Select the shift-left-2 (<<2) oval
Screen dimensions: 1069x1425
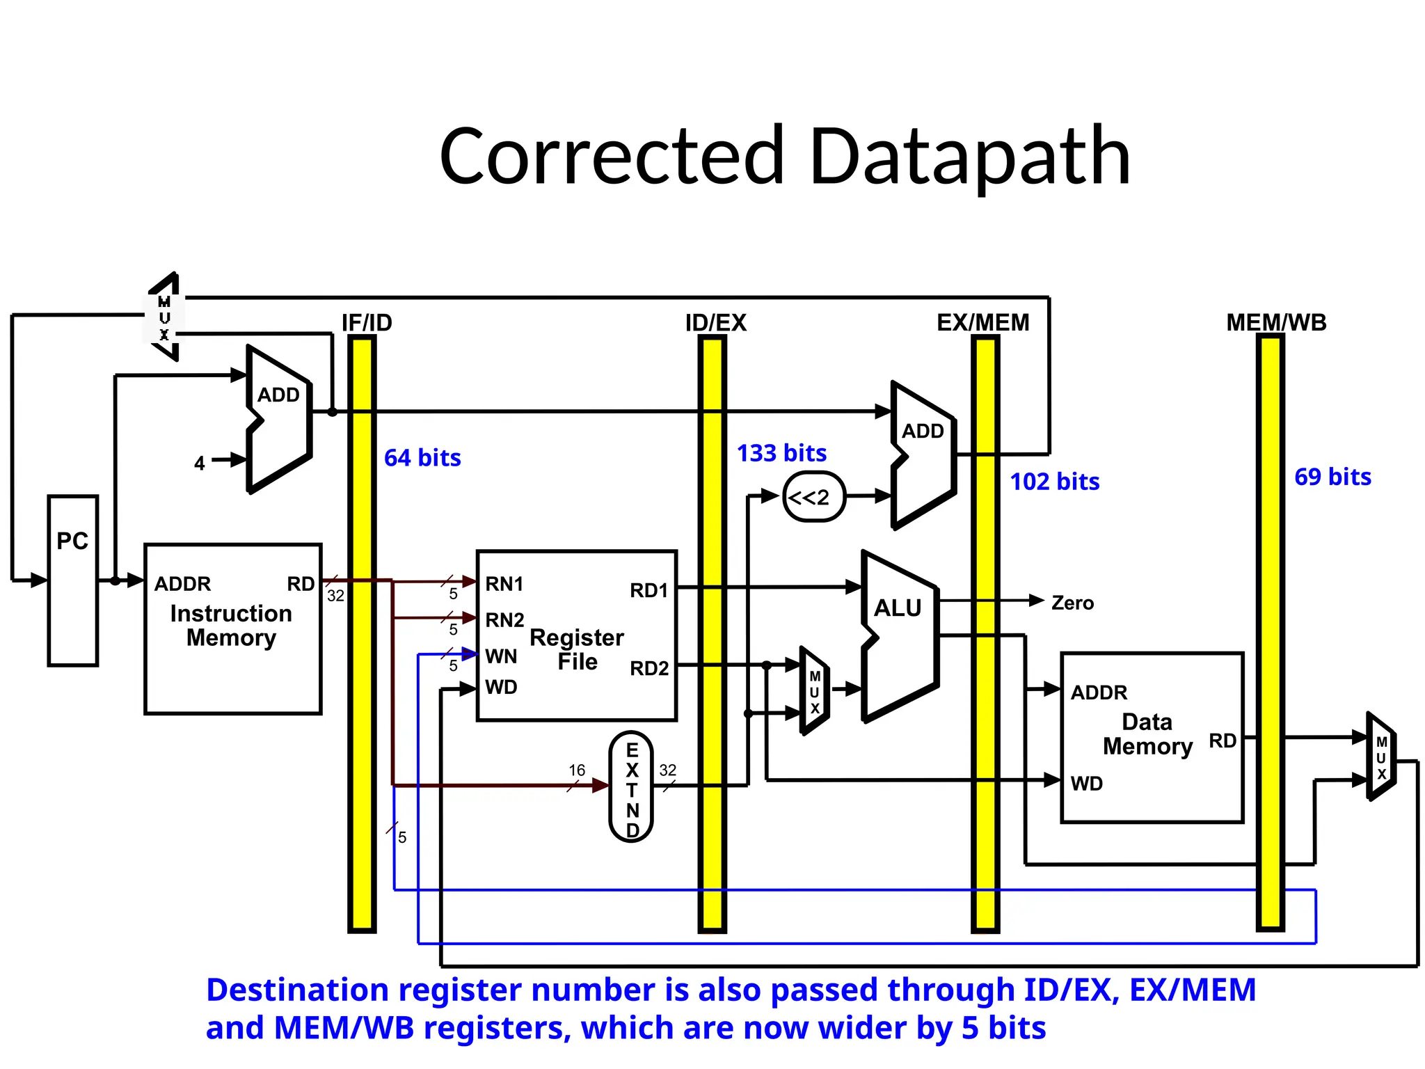(814, 497)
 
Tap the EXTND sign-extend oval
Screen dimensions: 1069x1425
(631, 786)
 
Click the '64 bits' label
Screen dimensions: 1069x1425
(422, 458)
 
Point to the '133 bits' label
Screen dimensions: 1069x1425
(781, 453)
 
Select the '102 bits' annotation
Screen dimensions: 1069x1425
(1054, 482)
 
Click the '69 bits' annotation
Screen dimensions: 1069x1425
(1332, 477)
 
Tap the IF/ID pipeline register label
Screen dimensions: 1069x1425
(367, 323)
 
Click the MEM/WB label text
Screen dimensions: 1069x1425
(1276, 323)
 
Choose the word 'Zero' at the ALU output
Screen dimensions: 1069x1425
(1072, 603)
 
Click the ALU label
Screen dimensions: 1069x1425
(898, 608)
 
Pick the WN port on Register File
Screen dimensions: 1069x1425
(501, 656)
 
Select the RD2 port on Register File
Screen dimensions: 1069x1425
(648, 668)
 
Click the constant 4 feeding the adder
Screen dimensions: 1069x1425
(200, 464)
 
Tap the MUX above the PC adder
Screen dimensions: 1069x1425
(165, 317)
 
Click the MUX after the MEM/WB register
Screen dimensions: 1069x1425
(1381, 757)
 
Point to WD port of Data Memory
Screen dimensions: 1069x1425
(1086, 784)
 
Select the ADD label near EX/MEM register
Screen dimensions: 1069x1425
(923, 431)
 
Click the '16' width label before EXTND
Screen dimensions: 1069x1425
(577, 770)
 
